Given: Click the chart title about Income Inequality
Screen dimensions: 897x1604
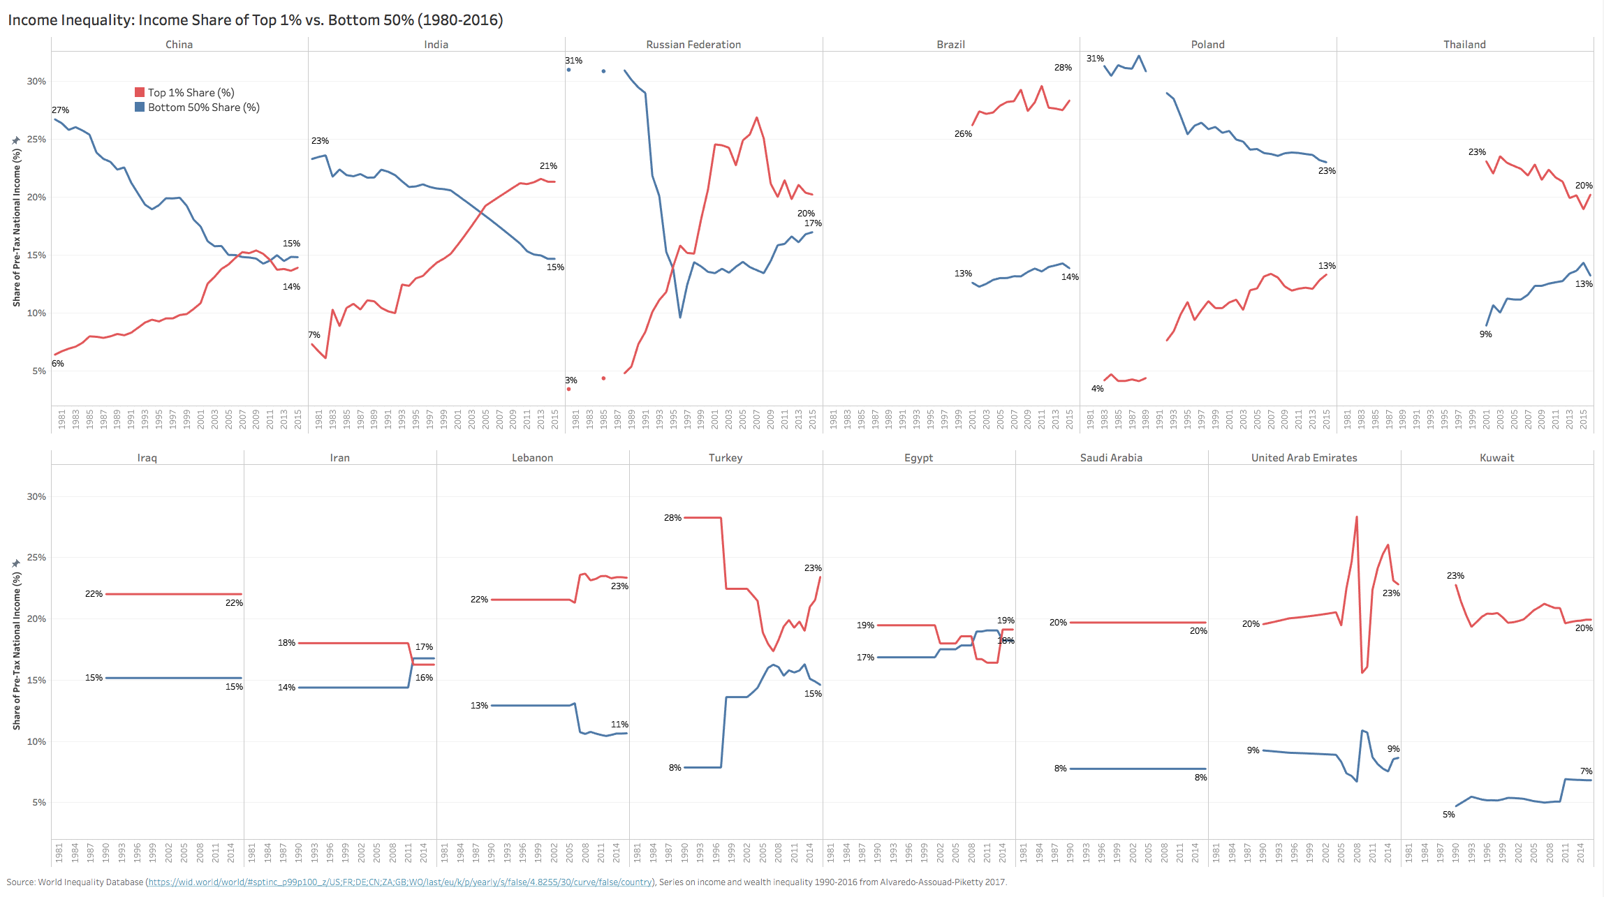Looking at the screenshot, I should [255, 20].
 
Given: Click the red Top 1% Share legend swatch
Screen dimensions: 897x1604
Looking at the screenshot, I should [140, 92].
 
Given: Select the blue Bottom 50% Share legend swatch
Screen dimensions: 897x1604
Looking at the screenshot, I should [140, 107].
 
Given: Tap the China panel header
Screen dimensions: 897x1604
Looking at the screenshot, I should [179, 44].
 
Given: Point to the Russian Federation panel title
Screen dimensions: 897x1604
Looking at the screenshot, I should [693, 44].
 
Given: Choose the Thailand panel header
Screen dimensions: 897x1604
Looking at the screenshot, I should [1464, 44].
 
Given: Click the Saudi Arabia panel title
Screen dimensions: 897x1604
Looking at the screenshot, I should [1111, 457].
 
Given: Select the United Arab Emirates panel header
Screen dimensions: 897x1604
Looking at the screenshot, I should [1304, 457].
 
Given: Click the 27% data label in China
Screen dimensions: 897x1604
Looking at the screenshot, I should [61, 110].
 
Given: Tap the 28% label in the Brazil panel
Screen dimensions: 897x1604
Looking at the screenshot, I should [1063, 67].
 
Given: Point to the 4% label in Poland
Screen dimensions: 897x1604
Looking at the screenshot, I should [1098, 388].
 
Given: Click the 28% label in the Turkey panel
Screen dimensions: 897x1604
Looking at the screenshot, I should [672, 517].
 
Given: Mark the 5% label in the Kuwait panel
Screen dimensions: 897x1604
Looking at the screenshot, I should [1449, 814].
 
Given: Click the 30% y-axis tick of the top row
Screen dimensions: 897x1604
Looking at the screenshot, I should [36, 81].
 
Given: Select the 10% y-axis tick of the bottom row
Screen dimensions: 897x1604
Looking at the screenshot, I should [36, 741].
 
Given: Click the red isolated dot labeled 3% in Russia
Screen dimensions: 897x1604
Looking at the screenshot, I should [569, 389].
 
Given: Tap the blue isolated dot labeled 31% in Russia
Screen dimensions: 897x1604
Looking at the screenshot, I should [569, 70].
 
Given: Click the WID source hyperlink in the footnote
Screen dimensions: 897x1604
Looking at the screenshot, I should [400, 882].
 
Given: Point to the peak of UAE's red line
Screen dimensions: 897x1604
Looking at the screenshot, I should [1357, 517].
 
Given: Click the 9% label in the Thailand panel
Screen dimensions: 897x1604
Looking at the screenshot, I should [1485, 334].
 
